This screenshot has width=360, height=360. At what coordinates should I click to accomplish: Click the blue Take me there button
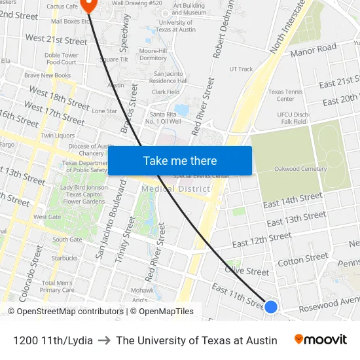point(179,161)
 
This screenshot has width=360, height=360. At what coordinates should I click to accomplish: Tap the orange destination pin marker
point(90,5)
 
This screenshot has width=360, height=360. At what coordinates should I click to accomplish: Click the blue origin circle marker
point(271,306)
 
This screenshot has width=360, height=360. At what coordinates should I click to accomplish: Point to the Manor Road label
point(313,50)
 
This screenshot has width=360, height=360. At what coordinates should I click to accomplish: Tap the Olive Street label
point(247,271)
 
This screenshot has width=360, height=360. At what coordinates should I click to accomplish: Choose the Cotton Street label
point(303,259)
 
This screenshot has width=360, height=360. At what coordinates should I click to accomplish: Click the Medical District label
point(176,189)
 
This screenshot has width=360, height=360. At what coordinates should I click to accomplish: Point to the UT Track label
point(241,69)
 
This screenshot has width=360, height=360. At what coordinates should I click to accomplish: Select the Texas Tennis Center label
point(285,96)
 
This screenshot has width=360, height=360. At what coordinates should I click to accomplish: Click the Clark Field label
point(165,92)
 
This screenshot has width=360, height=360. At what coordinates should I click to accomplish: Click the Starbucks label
point(64,259)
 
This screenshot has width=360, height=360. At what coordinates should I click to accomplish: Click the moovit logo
point(320,340)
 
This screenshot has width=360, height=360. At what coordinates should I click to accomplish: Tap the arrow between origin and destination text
point(104,340)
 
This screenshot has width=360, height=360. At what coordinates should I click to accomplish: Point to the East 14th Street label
point(293,201)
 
